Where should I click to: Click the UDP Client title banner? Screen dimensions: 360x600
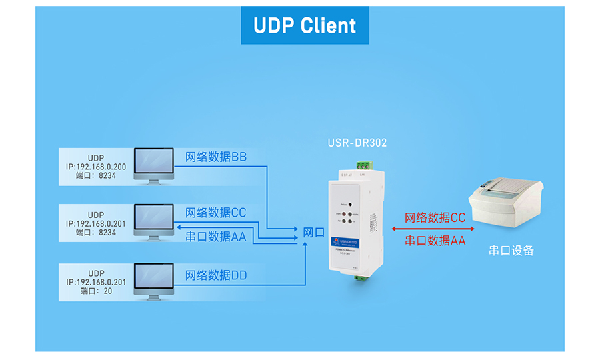(305, 25)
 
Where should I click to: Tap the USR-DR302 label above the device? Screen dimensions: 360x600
(357, 143)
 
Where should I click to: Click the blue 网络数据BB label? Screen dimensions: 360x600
(216, 157)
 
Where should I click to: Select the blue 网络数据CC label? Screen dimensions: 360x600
(216, 213)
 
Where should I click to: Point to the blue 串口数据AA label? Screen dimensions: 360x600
(216, 236)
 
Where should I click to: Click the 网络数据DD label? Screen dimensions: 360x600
(216, 275)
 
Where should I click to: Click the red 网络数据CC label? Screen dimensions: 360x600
(435, 218)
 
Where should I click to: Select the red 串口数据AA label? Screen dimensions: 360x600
(435, 241)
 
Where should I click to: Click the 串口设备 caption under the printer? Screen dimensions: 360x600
(511, 251)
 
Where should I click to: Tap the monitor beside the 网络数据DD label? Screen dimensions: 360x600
(154, 281)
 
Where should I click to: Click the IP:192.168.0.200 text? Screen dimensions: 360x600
(96, 167)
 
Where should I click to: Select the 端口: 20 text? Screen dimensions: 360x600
(96, 291)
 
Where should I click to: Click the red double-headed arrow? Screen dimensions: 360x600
(435, 229)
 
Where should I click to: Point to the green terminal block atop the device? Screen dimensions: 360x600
(363, 165)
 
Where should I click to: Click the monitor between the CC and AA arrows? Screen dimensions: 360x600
(154, 223)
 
